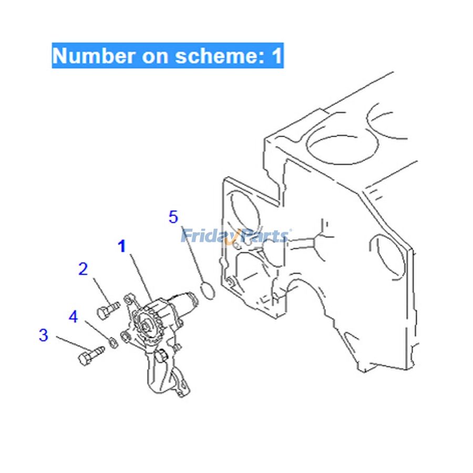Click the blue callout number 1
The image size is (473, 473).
(x=121, y=246)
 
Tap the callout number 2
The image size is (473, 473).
(x=83, y=269)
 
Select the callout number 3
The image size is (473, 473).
(x=44, y=335)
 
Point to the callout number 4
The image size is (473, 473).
(x=73, y=316)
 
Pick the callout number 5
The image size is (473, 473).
(x=173, y=217)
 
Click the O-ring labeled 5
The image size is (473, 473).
(x=208, y=290)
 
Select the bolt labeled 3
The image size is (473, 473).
(x=91, y=355)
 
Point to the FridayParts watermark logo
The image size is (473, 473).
(x=235, y=236)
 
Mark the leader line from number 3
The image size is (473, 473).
(x=73, y=344)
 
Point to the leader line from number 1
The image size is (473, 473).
(x=140, y=277)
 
